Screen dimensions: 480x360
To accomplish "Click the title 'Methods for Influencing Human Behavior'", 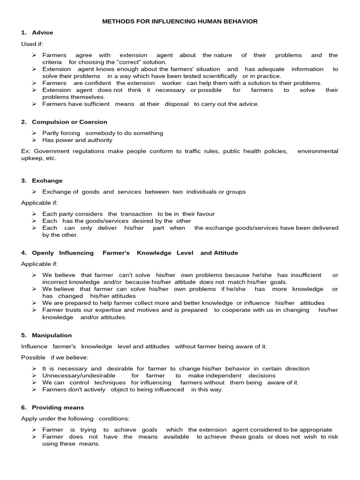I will click(x=180, y=22).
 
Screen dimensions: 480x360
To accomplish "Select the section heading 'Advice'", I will click(x=42, y=32).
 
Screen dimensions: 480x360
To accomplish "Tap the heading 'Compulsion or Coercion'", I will click(x=69, y=122).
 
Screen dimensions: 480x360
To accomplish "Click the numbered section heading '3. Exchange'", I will click(x=42, y=180).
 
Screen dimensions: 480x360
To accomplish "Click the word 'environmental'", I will click(x=317, y=151).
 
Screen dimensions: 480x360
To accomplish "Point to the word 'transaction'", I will click(x=136, y=214).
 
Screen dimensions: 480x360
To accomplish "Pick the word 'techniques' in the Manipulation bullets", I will click(x=111, y=382).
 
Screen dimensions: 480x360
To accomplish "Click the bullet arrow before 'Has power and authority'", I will click(x=35, y=140).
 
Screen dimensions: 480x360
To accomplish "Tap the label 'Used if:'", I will click(x=31, y=44).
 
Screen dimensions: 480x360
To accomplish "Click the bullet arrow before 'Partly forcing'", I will click(x=35, y=133).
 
